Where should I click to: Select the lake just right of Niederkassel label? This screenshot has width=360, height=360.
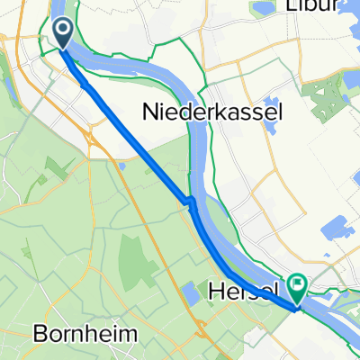coord(272,106)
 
